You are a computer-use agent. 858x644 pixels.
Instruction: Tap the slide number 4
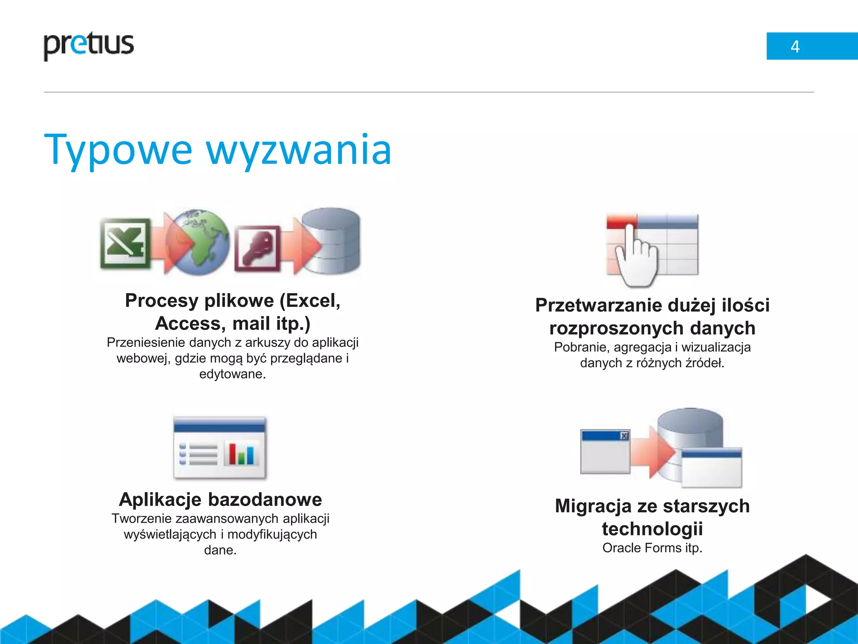click(x=795, y=47)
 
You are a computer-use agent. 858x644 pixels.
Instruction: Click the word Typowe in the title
click(x=118, y=150)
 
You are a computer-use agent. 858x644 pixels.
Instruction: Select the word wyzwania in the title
click(x=299, y=150)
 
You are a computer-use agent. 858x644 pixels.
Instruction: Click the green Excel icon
click(x=125, y=243)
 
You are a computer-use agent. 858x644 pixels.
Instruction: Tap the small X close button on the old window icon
click(x=624, y=436)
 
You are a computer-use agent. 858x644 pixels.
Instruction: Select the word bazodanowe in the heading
click(x=265, y=499)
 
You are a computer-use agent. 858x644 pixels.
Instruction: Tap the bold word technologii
click(x=652, y=528)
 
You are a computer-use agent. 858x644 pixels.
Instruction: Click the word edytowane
click(x=233, y=374)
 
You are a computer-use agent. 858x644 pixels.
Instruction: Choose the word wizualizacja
click(x=716, y=347)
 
